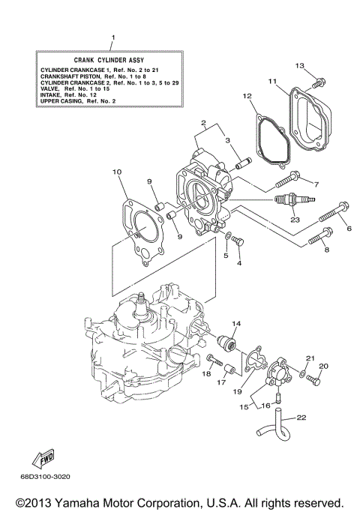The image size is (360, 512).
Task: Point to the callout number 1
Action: pos(112,37)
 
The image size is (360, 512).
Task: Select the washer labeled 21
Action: pos(301,373)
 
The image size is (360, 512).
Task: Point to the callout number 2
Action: pos(202,122)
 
